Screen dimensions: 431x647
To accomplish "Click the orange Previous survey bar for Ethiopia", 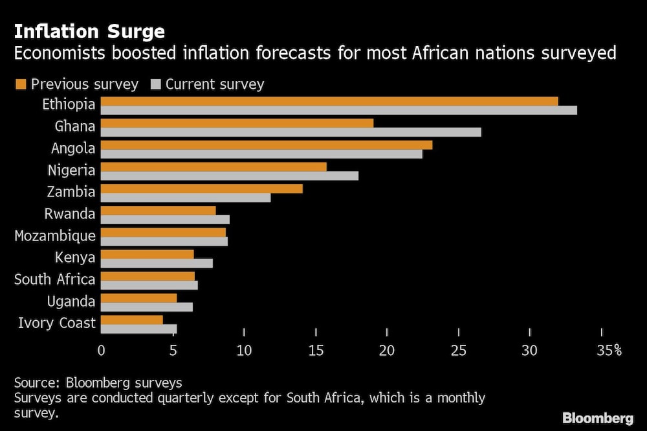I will point(329,101).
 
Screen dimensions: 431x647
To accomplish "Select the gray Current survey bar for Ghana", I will point(291,132).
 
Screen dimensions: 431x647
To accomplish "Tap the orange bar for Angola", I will point(267,145).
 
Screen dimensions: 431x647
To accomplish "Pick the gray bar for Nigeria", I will point(230,176).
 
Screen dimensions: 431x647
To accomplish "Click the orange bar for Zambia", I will point(202,189).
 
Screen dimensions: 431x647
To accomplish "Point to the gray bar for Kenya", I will point(157,263).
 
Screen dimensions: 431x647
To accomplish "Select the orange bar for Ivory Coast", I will point(132,320).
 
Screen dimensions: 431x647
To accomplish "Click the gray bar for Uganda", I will point(147,307).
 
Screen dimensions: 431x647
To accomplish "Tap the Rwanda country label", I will point(69,214).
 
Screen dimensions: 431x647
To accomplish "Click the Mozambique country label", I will point(55,236).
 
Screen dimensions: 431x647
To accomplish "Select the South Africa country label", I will point(55,279).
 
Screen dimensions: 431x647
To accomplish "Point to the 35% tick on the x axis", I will point(608,351).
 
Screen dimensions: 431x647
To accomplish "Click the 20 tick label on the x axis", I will point(387,351).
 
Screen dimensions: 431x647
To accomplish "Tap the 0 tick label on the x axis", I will point(102,351).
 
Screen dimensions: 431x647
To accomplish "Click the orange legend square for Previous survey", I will point(20,84).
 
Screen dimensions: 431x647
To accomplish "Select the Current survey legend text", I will point(215,84).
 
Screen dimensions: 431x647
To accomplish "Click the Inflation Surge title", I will point(89,31).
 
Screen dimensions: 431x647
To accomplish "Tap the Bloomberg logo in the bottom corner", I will point(598,418).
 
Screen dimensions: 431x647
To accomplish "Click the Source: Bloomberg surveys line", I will point(98,382).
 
